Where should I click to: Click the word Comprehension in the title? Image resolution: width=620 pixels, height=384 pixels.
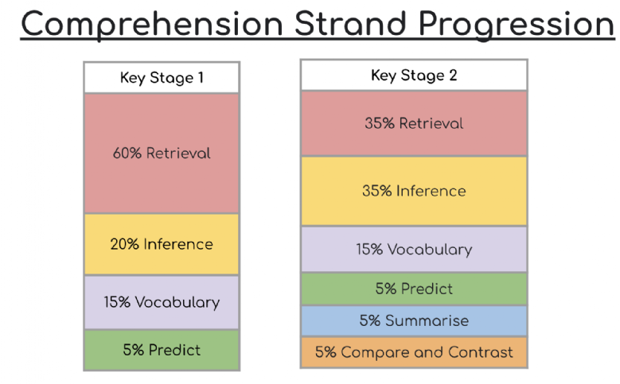coord(152,25)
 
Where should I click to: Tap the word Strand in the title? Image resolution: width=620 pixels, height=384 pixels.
coord(350,24)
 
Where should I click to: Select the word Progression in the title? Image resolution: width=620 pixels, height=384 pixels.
coord(516,25)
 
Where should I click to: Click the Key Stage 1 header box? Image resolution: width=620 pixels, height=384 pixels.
coord(162,77)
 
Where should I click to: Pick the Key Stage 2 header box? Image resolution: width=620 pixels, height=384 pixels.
coord(414,75)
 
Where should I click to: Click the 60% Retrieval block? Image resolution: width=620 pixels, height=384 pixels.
coord(162,153)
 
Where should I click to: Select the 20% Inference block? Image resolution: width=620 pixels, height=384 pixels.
coord(162,244)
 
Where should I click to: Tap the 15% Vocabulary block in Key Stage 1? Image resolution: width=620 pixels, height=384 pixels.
coord(162,302)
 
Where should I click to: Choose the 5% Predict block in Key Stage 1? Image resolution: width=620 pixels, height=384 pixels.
coord(162,350)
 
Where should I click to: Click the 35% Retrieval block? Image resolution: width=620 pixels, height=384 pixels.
coord(414,123)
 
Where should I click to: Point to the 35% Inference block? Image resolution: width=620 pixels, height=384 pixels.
coord(414,192)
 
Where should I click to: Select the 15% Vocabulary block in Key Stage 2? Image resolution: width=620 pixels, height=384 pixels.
coord(414,250)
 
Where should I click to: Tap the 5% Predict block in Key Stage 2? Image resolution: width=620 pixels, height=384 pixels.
coord(414,289)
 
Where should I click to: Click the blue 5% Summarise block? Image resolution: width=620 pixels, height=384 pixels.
coord(414,320)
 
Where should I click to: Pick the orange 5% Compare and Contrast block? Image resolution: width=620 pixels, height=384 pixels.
coord(414,352)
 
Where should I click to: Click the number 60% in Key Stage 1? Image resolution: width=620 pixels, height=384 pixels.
coord(127,153)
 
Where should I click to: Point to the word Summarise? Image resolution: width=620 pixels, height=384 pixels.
coord(427,320)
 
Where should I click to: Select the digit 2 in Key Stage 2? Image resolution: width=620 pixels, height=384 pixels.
coord(453,75)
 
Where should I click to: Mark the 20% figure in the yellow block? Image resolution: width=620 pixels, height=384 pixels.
coord(124,244)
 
